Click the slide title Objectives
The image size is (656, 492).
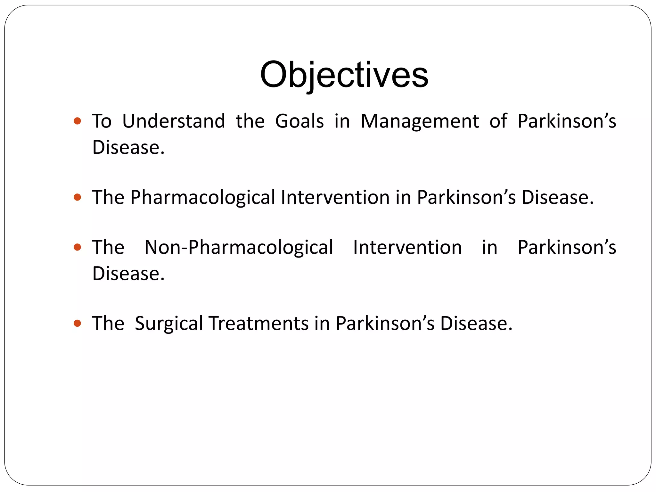coord(344,75)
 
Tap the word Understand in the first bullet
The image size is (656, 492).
coord(174,121)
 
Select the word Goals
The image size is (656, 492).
coord(299,121)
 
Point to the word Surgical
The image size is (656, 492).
coord(169,324)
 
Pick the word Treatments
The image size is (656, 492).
coord(258,323)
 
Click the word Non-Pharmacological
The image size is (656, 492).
coord(239,248)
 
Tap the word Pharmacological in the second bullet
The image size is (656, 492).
coord(202,198)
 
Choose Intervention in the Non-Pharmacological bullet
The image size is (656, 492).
coord(407,248)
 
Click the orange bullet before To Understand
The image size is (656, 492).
coord(77,121)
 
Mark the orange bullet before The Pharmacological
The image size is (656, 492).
coord(77,197)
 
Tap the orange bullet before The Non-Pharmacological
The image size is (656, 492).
coord(77,247)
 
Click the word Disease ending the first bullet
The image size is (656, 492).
coord(128,148)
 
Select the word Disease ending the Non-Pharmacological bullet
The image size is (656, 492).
coord(128,274)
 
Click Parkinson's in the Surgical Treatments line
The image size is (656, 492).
coord(385,323)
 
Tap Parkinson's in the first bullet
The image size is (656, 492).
coord(567,121)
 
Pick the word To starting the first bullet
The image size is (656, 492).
coord(102,121)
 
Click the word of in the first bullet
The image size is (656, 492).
coord(498,121)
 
